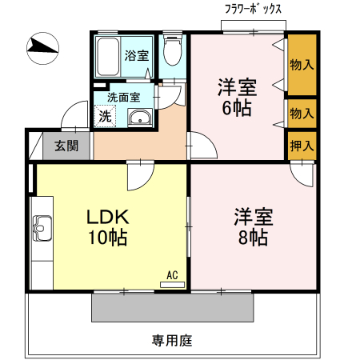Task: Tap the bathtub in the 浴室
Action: coord(108,57)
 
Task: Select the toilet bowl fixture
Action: coord(173,50)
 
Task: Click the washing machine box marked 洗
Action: coord(105,116)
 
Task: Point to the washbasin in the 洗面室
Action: coord(140,117)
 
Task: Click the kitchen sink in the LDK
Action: coord(42,228)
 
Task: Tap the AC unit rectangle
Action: coord(172,285)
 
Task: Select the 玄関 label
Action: coord(66,146)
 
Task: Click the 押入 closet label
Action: coord(302,146)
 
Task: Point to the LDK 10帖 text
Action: coord(108,227)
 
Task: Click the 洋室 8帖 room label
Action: coord(254,226)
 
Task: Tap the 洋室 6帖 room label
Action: coord(237,97)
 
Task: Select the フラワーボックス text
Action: coord(253,10)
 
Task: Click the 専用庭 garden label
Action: coord(172,341)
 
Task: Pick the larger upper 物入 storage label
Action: coord(302,65)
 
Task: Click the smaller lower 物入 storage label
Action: coord(302,114)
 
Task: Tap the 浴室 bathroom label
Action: coord(137,55)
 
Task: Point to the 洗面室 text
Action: coord(124,98)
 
